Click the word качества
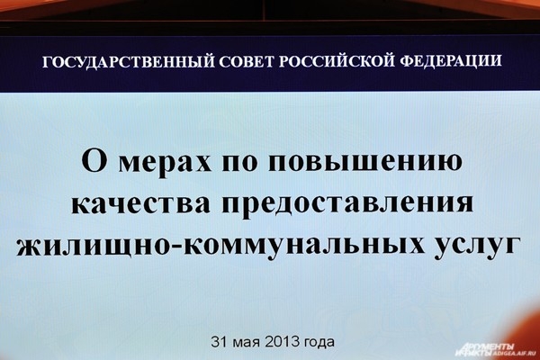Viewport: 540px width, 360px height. click(x=140, y=203)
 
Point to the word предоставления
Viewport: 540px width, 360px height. click(x=346, y=205)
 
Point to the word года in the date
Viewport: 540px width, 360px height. click(x=319, y=343)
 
